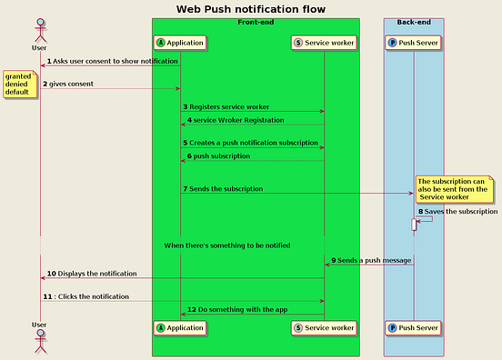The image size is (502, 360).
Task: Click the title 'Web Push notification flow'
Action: [251, 9]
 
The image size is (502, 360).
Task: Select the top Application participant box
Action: [180, 42]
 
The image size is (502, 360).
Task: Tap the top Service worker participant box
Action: [324, 42]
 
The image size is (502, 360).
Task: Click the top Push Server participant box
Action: [414, 42]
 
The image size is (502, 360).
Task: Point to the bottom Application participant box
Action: [180, 327]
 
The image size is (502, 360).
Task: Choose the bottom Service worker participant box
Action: [324, 327]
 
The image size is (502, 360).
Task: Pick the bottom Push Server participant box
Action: [414, 327]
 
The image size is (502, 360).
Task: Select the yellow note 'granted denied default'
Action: [18, 85]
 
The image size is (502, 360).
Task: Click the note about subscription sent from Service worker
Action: [454, 189]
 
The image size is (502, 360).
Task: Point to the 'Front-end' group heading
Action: [256, 22]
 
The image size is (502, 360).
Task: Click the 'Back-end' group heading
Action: [414, 22]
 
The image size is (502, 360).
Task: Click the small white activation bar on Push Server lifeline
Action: [415, 224]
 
